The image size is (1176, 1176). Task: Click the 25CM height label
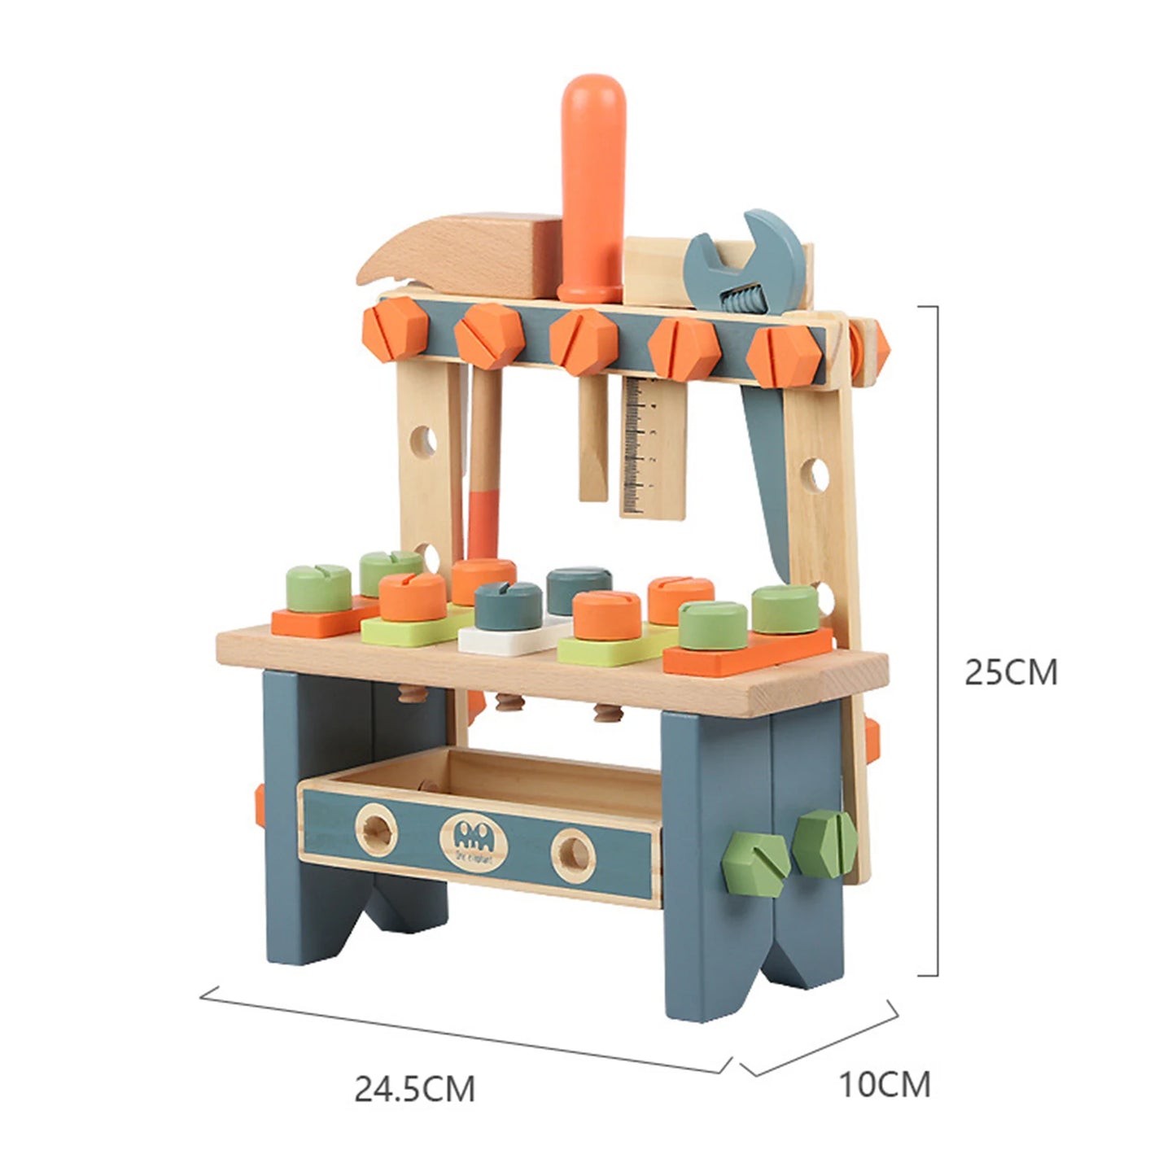coord(1010,672)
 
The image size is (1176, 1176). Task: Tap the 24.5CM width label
coord(414,1088)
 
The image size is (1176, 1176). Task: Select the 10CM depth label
coord(884,1084)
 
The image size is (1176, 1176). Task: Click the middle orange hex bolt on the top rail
coord(583,341)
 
